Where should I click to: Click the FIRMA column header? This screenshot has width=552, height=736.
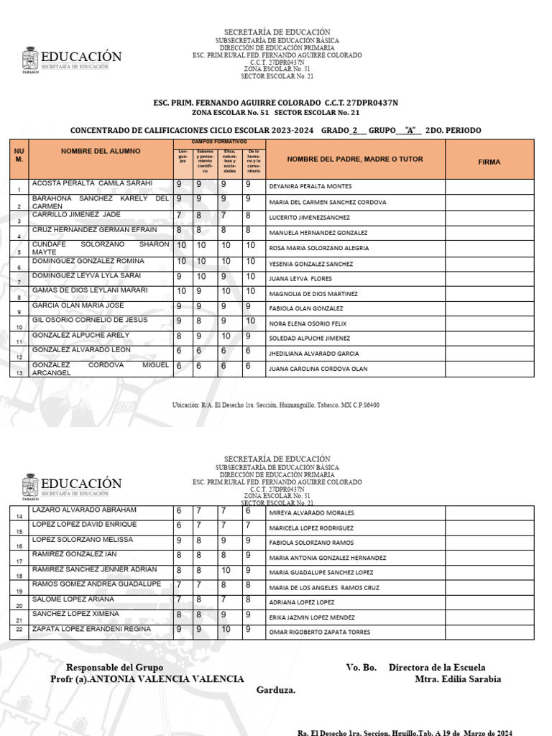489,162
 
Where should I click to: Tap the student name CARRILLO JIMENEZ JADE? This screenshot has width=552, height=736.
77,215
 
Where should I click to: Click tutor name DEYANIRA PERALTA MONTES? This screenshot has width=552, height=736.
310,186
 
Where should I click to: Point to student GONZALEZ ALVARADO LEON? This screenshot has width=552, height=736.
80,350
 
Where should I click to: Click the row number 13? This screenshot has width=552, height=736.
19,372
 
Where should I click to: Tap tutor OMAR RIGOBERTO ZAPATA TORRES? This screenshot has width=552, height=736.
319,632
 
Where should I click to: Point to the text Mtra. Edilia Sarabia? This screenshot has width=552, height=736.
458,679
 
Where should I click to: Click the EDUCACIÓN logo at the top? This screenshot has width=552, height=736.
72,58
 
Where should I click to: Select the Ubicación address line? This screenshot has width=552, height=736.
276,405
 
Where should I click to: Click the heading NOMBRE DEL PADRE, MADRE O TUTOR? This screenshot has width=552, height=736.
355,159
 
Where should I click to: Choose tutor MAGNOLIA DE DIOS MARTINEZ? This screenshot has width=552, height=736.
313,293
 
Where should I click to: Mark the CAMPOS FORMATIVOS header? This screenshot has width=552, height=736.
219,142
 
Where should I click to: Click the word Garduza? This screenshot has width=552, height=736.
276,690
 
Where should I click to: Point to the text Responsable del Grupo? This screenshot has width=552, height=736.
114,668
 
